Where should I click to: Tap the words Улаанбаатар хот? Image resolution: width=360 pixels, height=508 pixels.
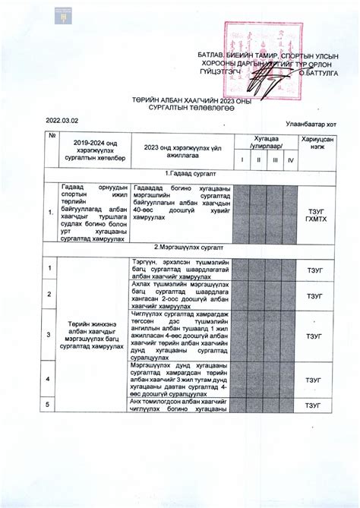[x=309, y=123]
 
